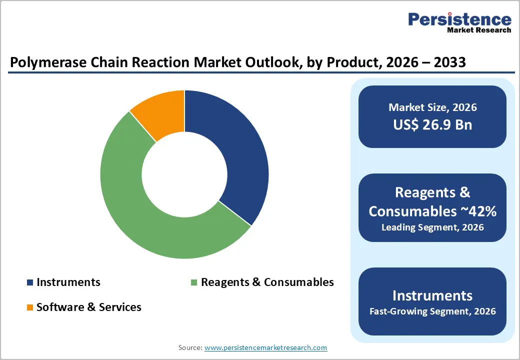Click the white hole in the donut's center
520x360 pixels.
point(184,174)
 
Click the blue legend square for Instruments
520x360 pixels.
point(30,282)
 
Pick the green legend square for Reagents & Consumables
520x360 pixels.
point(194,282)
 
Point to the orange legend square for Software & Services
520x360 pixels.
point(30,307)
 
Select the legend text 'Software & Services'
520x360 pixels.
point(89,307)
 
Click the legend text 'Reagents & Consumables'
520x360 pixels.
point(267,282)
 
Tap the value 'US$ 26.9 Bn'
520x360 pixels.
point(432,124)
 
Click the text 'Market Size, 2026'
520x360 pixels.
point(432,107)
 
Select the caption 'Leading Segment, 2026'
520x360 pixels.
point(432,227)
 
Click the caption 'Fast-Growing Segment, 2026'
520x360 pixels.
point(432,311)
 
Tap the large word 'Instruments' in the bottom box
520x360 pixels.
point(432,295)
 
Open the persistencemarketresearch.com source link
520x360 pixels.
point(265,347)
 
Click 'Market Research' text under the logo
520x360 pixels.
point(479,30)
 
